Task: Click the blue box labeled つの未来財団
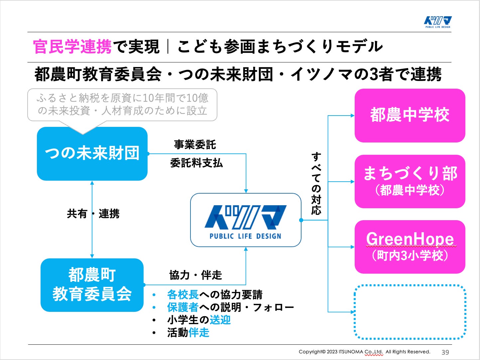point(92,153)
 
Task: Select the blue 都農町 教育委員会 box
point(92,285)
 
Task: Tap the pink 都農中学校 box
point(410,115)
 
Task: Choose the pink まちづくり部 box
point(410,181)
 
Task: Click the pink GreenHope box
point(410,247)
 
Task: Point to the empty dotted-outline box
point(410,312)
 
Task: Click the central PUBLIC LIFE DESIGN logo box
point(246,220)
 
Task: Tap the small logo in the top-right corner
point(438,22)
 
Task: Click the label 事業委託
point(195,144)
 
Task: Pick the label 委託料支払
point(196,163)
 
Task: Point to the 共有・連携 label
point(93,214)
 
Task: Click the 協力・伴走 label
point(195,275)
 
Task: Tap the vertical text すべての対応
point(316,183)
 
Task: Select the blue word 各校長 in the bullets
point(183,295)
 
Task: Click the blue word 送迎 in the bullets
point(220,320)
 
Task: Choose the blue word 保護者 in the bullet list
point(183,307)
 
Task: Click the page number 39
point(445,352)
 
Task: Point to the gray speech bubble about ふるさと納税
point(122,104)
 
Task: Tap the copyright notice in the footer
point(364,352)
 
